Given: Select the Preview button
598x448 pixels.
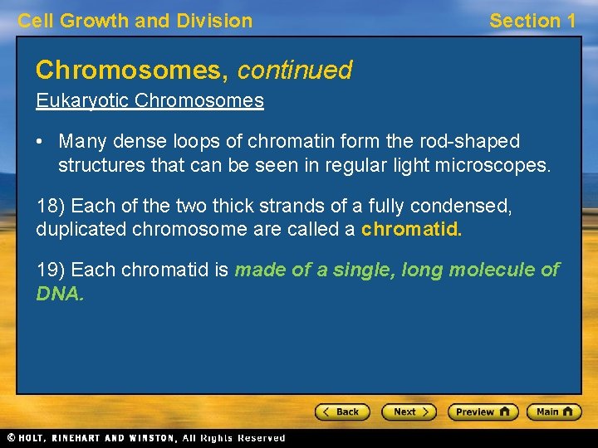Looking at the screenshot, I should coord(483,411).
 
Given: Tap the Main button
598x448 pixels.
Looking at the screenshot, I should coord(556,411).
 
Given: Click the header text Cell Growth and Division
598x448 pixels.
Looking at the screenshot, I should coord(135,21).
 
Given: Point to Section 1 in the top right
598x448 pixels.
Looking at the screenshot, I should coord(532,21).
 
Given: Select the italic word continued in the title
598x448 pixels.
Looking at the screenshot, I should coord(295,70).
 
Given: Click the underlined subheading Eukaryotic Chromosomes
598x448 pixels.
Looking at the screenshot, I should coord(149,101).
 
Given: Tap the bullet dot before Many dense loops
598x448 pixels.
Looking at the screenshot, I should coord(41,142).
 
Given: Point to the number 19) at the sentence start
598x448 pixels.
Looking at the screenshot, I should coord(51,270).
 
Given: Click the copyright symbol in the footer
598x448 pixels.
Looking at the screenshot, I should coord(11,438).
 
